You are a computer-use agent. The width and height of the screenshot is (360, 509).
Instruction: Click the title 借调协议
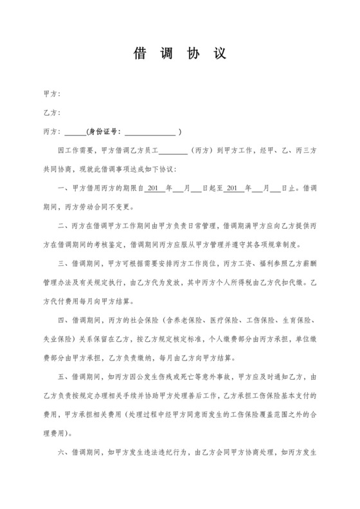coord(179,54)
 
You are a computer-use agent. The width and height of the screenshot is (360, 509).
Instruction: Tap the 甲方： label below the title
coord(51,94)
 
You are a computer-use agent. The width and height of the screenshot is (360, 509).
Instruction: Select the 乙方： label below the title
coord(51,113)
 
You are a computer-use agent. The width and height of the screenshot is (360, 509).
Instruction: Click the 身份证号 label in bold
coord(102,132)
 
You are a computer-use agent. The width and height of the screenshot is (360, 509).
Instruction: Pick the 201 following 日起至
coord(233,189)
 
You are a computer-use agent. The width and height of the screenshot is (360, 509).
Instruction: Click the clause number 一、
coord(62,189)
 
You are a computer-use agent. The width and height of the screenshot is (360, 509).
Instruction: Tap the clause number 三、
coord(62,263)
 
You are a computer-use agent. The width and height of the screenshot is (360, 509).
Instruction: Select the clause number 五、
coord(62,377)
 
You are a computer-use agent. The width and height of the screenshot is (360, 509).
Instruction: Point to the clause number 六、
coord(62,451)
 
